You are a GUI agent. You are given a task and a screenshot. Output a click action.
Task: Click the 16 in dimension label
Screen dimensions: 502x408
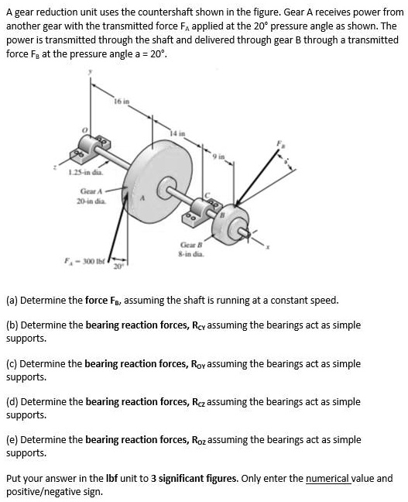pos(122,100)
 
